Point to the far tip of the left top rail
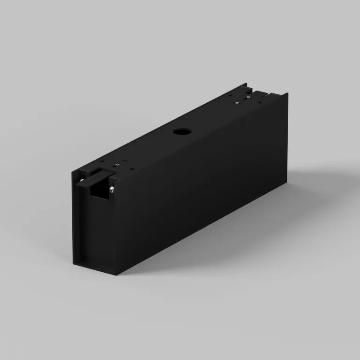coord(246,84)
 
